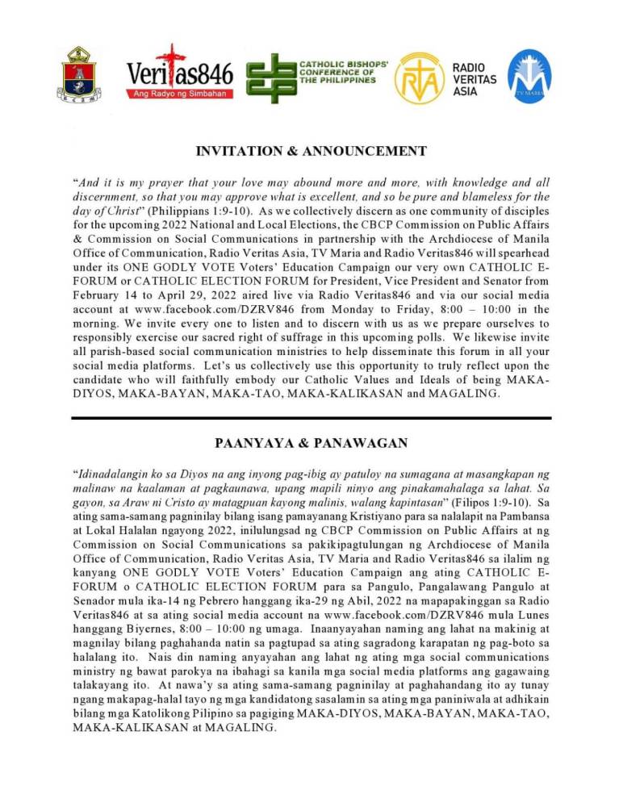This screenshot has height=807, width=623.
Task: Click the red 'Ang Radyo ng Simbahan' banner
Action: click(179, 94)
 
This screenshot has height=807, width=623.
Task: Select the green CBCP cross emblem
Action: click(270, 77)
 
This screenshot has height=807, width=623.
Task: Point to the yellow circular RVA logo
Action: click(419, 77)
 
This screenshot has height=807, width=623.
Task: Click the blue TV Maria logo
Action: click(529, 76)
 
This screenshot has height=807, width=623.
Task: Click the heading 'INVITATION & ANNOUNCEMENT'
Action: click(311, 151)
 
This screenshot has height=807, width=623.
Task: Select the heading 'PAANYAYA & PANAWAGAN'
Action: click(311, 443)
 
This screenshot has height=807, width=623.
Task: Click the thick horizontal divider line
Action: click(311, 417)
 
